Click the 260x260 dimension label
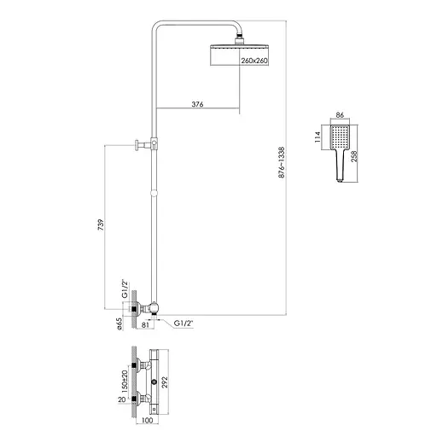coord(254,61)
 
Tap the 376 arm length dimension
coord(197,104)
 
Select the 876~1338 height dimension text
coord(282,162)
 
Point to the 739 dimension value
coord(101,224)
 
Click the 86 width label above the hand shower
coord(340,115)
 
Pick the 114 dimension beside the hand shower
coord(318,137)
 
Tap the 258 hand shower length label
coord(354,156)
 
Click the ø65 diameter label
coord(119,323)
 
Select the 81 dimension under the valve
coord(145,324)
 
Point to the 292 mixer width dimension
coord(165,382)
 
